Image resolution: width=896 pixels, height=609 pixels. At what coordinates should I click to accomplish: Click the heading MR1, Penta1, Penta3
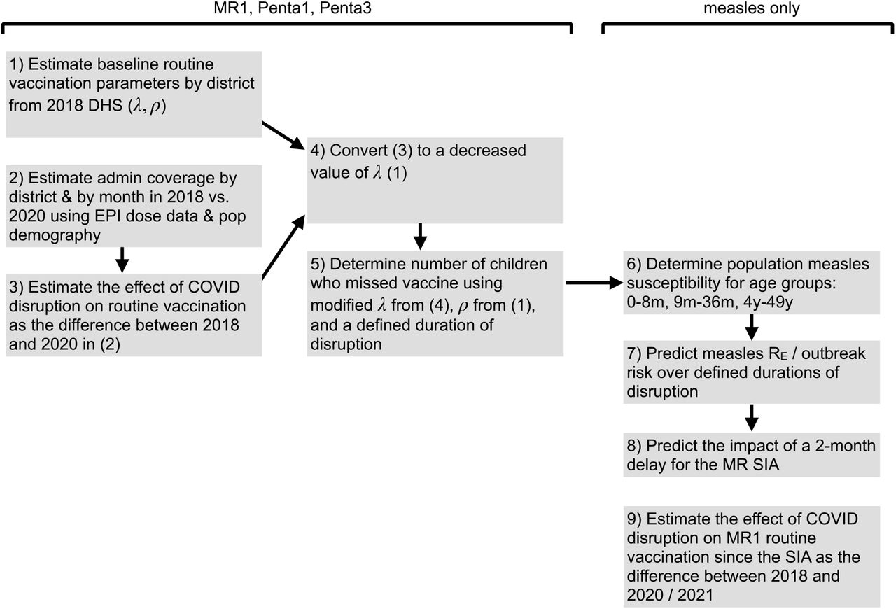pyautogui.click(x=293, y=8)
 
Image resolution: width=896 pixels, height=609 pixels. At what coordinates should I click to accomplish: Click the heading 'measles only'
pyautogui.click(x=752, y=8)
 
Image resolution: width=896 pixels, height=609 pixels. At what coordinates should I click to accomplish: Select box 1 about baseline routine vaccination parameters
pyautogui.click(x=134, y=94)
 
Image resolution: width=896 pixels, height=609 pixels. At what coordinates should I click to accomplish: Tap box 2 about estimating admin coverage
pyautogui.click(x=134, y=206)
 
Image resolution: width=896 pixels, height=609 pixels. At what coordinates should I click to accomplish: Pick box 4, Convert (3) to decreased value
pyautogui.click(x=435, y=181)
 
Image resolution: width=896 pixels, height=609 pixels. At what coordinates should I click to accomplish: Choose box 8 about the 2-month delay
pyautogui.click(x=752, y=455)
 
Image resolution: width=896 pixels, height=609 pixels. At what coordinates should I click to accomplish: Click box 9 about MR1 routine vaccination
pyautogui.click(x=752, y=556)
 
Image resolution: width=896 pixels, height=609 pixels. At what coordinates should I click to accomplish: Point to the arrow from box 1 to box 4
pyautogui.click(x=283, y=135)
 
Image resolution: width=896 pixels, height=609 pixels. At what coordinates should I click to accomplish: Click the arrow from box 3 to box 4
pyautogui.click(x=283, y=247)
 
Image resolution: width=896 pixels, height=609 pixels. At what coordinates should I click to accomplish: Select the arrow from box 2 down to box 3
pyautogui.click(x=122, y=260)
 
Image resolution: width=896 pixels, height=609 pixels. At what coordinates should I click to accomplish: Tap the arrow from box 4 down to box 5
pyautogui.click(x=420, y=237)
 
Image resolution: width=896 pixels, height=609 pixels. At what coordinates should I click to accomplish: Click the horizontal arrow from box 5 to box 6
pyautogui.click(x=594, y=283)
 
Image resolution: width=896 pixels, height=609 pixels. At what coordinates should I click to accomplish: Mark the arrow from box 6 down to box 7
pyautogui.click(x=752, y=327)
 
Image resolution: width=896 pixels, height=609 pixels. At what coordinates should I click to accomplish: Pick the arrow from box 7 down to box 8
pyautogui.click(x=752, y=418)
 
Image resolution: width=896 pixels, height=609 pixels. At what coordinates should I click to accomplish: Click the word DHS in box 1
pyautogui.click(x=105, y=106)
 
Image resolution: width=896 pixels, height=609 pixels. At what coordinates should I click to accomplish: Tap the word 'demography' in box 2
pyautogui.click(x=55, y=235)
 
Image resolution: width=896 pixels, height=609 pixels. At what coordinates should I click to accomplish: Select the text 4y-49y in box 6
pyautogui.click(x=768, y=302)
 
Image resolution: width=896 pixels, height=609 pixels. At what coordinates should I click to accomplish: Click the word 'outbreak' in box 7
pyautogui.click(x=833, y=353)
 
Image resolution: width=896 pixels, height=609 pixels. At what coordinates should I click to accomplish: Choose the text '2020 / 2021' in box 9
pyautogui.click(x=670, y=595)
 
